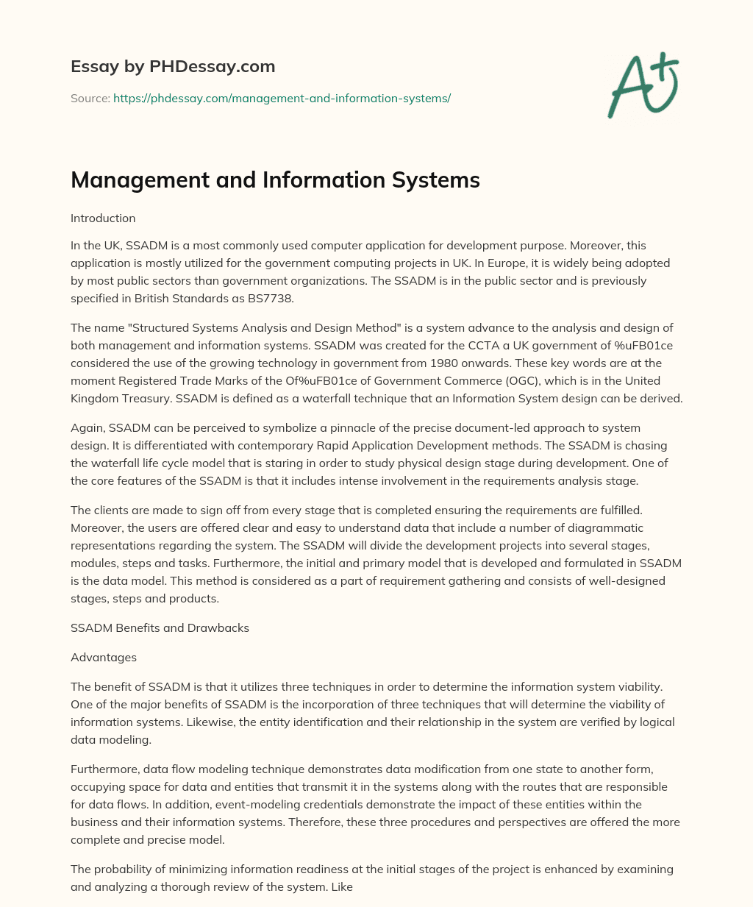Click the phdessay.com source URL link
(282, 98)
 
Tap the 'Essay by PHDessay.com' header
(173, 66)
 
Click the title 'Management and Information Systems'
(275, 179)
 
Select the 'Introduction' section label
(103, 218)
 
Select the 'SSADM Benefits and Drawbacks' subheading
(160, 627)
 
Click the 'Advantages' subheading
(104, 657)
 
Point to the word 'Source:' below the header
(90, 98)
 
